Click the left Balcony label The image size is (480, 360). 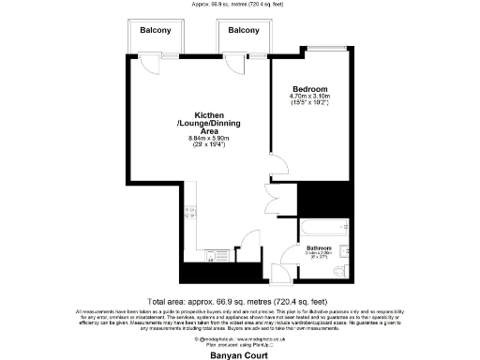(x=155, y=31)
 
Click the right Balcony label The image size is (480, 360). (x=244, y=31)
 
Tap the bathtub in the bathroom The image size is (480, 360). (x=320, y=228)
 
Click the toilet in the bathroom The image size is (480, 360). (x=344, y=250)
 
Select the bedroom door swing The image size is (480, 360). (x=278, y=167)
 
